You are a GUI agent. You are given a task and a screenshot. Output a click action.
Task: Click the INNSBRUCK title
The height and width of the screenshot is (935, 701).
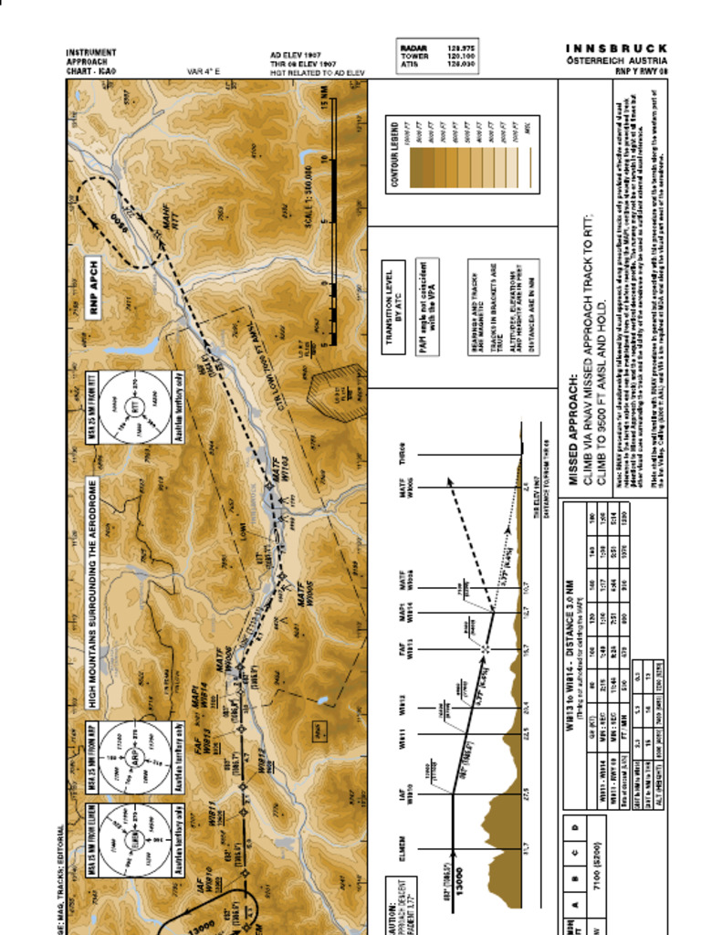(616, 47)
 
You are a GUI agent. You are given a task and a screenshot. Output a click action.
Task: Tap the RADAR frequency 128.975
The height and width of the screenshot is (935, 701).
(459, 47)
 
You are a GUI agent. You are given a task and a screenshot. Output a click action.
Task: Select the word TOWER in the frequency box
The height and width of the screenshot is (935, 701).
(413, 56)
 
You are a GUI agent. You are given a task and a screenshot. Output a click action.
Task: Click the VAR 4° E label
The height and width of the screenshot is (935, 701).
(204, 71)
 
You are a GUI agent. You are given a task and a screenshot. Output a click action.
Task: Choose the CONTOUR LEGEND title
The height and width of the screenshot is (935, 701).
(395, 154)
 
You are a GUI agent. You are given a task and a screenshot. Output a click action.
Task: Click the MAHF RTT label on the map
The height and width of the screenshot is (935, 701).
(169, 223)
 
